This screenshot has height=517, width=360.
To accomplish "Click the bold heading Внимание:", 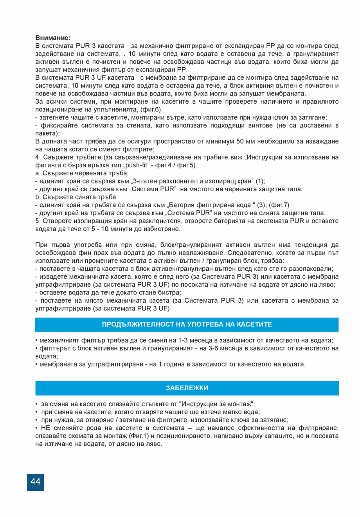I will coord(53,38).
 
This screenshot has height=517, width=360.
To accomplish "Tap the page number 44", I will coord(35,482).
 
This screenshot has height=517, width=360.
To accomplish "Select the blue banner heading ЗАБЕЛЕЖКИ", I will coord(187,388).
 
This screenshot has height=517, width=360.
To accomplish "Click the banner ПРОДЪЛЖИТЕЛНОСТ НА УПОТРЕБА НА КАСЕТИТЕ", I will coord(187,324).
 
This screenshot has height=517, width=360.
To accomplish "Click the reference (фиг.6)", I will coord(151,110).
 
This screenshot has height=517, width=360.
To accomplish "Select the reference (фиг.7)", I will coord(279,205).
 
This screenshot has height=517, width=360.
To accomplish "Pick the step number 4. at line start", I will coord(38,157).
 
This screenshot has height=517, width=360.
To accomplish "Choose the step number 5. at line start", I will coord(38,221).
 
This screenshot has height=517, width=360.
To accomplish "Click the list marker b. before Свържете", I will coord(38,197).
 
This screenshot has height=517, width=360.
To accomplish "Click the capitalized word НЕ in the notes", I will coord(45,428).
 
